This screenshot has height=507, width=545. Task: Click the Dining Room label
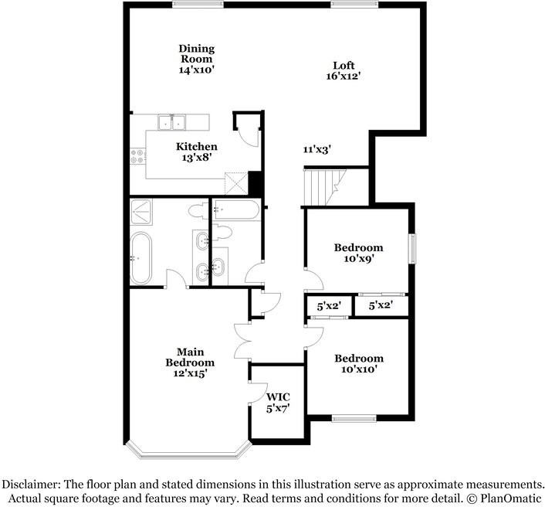[196, 58]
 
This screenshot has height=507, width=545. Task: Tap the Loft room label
[344, 70]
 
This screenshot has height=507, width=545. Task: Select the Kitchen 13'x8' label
[196, 151]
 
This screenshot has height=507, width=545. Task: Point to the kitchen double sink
[172, 121]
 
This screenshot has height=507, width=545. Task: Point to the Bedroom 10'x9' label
[358, 253]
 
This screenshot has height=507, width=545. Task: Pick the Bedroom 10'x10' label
[358, 364]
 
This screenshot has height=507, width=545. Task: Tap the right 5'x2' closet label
[381, 306]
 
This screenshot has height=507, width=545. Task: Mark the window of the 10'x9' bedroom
[412, 247]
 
